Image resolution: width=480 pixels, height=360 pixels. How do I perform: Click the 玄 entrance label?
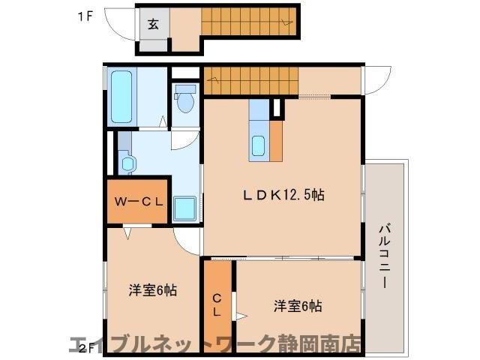pyautogui.click(x=153, y=23)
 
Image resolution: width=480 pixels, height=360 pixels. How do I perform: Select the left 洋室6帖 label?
pyautogui.click(x=152, y=289)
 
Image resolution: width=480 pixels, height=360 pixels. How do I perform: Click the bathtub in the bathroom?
pyautogui.click(x=121, y=97)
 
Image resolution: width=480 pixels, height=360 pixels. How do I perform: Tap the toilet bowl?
pyautogui.click(x=185, y=97)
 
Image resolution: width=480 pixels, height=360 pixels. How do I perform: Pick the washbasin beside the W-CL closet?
pyautogui.click(x=126, y=161)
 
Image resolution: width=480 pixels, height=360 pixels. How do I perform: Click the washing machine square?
pyautogui.click(x=185, y=208)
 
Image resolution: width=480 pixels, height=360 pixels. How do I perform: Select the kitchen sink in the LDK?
pyautogui.click(x=259, y=145)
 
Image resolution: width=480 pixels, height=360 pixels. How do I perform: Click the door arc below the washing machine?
pyautogui.click(x=187, y=238)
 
